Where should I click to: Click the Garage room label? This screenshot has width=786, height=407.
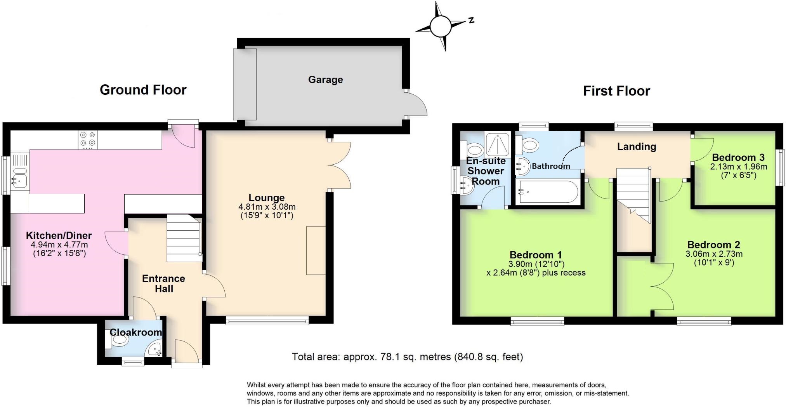325,80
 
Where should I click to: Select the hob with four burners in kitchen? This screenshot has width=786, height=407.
88,140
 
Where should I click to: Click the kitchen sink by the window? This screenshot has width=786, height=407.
18,179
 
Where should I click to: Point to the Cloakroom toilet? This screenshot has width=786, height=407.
118,341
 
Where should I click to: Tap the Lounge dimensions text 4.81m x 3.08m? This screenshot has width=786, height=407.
267,207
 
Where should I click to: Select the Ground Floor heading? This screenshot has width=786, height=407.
143,90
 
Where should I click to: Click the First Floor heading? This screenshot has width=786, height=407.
616,91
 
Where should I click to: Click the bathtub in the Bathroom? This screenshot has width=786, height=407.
547,191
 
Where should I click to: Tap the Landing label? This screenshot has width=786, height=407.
637,146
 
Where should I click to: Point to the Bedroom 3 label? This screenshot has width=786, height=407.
738,157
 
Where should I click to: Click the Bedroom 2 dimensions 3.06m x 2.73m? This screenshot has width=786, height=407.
714,254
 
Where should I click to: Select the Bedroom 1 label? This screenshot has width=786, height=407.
536,255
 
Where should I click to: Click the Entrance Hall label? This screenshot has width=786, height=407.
163,284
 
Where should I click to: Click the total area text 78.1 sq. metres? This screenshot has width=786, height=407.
407,357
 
